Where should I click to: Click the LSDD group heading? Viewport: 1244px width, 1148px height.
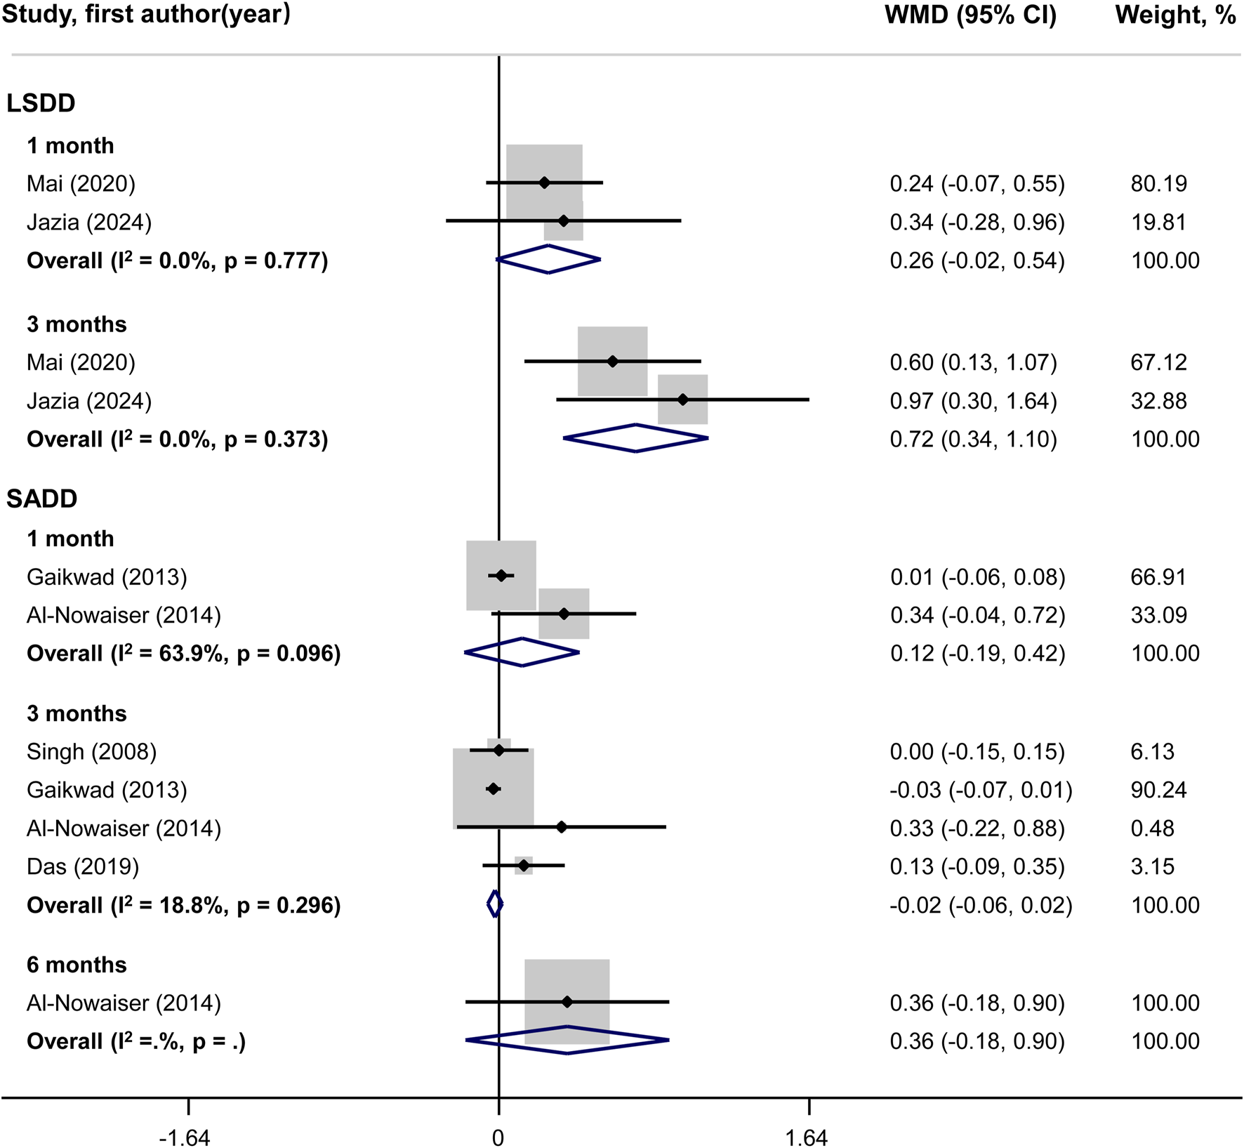41,103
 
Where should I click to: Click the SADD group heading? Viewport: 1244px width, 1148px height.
41,499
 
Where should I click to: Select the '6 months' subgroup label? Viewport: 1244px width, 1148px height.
77,965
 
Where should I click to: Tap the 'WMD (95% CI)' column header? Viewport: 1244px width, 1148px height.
970,15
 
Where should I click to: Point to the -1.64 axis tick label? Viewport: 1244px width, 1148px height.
185,1137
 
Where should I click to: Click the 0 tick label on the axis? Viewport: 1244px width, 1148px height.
498,1137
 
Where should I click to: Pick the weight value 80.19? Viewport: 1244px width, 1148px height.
1158,184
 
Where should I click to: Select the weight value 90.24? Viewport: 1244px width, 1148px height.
1158,790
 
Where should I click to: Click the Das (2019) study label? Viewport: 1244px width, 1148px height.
83,866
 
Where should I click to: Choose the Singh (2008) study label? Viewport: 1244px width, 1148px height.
91,752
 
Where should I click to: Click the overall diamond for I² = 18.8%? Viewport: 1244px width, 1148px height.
495,904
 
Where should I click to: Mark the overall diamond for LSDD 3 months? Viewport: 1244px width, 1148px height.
636,438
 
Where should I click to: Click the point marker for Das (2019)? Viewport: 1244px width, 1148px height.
524,865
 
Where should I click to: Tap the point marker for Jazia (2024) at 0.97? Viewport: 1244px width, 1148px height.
683,400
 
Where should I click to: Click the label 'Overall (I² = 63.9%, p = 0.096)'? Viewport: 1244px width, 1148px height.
183,654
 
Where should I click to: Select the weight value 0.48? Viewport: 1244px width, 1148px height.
1152,829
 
